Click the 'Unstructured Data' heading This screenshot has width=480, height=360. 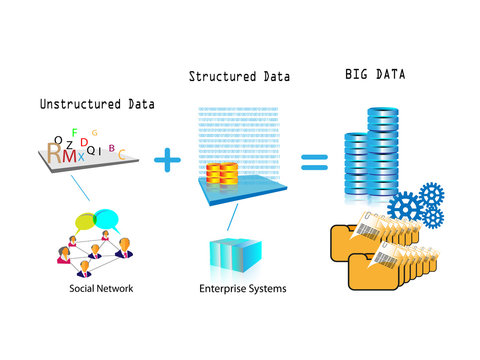(97, 103)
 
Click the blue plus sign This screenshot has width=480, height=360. (171, 158)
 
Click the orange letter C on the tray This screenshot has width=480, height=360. (123, 155)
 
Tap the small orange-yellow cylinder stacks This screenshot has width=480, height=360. (222, 177)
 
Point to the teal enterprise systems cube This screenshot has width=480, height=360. (237, 256)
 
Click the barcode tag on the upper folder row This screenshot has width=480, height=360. (371, 223)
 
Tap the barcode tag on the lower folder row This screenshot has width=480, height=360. (386, 259)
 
